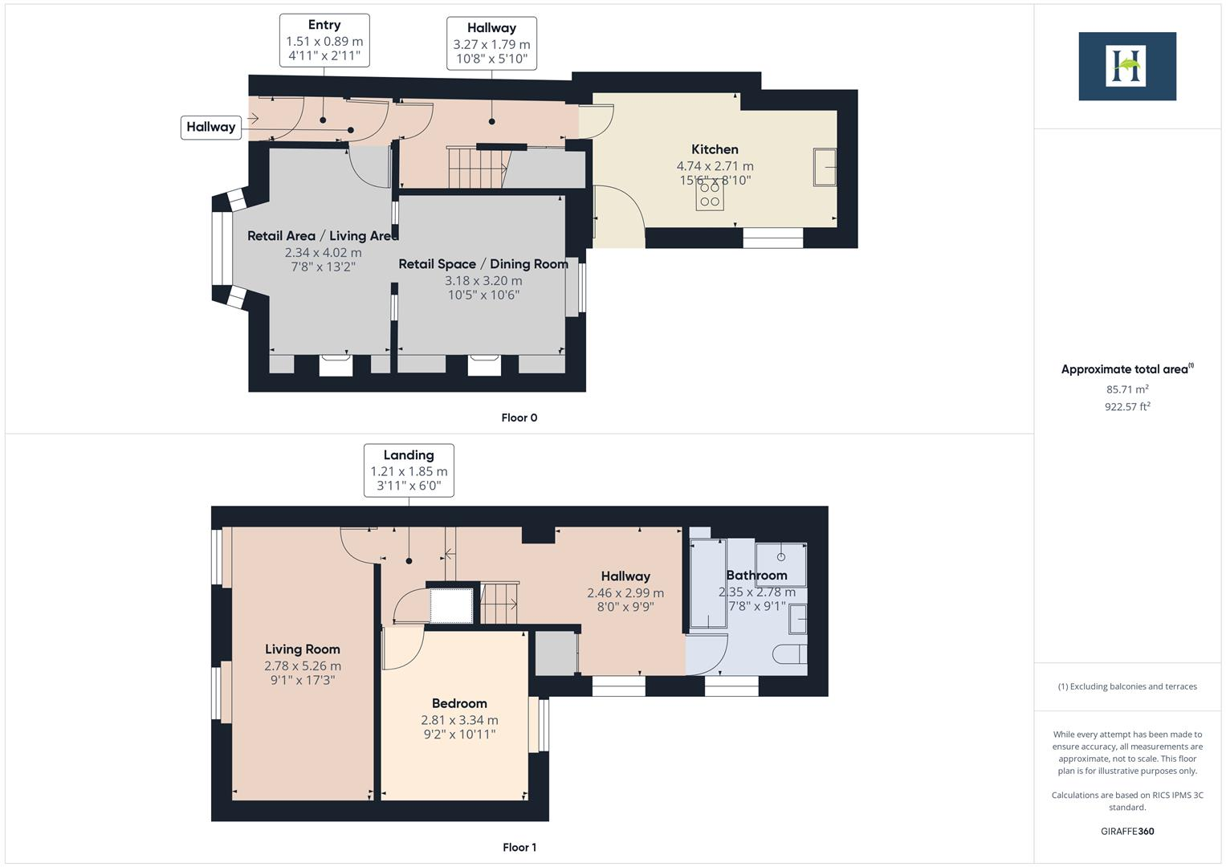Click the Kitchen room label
(x=715, y=149)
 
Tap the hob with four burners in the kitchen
(x=710, y=193)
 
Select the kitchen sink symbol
(x=825, y=167)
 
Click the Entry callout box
(x=324, y=40)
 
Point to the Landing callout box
(x=409, y=470)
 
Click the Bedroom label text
(x=459, y=703)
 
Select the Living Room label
(x=303, y=649)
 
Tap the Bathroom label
(x=756, y=575)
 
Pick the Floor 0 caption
(x=519, y=417)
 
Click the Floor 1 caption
(x=519, y=847)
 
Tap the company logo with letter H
(x=1126, y=66)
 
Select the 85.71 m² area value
(x=1126, y=389)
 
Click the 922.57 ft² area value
(x=1126, y=407)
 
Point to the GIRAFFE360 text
(x=1126, y=831)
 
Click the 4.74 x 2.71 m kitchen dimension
(x=715, y=166)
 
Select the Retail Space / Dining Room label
(x=483, y=264)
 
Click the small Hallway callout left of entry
(x=211, y=127)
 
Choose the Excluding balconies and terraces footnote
(x=1126, y=686)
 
